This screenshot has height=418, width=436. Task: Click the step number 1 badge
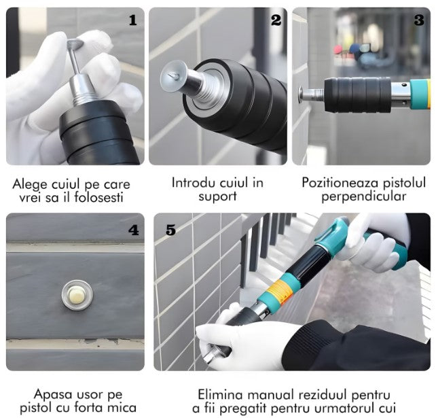point(132,20)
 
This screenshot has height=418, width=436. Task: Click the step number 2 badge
point(276,20)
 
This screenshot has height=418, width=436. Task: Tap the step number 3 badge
point(419,20)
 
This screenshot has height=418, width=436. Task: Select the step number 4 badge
point(133,230)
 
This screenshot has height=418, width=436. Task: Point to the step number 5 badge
point(170,230)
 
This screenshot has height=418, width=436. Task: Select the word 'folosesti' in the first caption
point(102,198)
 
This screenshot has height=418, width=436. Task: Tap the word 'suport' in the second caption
point(217,196)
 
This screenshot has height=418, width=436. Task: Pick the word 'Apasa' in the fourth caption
point(50,394)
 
